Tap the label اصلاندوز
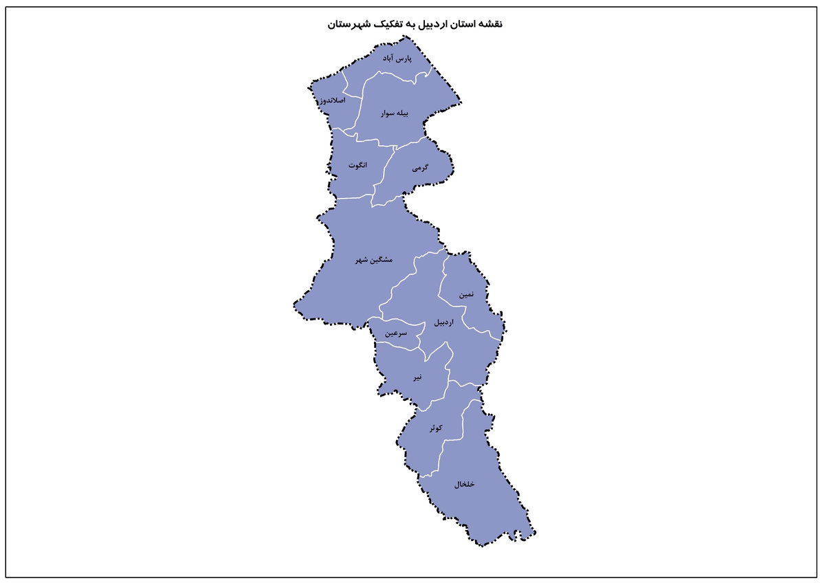(x=332, y=101)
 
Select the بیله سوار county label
(x=395, y=114)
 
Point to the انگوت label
(x=357, y=165)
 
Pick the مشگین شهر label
(x=374, y=260)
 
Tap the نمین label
(x=467, y=294)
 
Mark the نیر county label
(x=417, y=377)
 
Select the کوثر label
(x=435, y=428)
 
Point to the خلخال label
(x=465, y=484)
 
